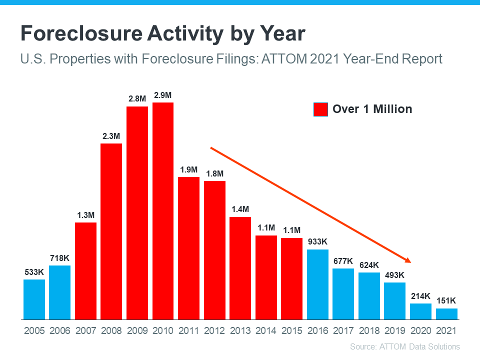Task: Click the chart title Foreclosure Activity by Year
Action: point(162,34)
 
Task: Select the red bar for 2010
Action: point(163,210)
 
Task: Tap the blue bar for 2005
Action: point(34,299)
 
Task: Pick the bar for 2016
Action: point(317,284)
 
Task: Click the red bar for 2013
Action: point(240,267)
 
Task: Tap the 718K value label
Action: point(59,257)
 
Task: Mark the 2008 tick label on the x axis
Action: point(111,330)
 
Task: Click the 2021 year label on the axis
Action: point(446,330)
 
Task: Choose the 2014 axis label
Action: point(266,330)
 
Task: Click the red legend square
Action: point(320,109)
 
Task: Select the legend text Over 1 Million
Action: point(372,109)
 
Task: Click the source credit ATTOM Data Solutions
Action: point(404,346)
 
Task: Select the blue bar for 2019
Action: point(394,300)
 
